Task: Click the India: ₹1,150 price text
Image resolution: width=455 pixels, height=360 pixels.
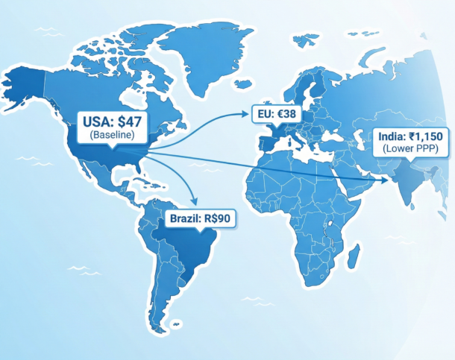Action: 413,136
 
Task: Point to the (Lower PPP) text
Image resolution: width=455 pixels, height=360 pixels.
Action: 413,149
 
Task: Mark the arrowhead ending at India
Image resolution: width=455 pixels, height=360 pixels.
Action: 387,180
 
